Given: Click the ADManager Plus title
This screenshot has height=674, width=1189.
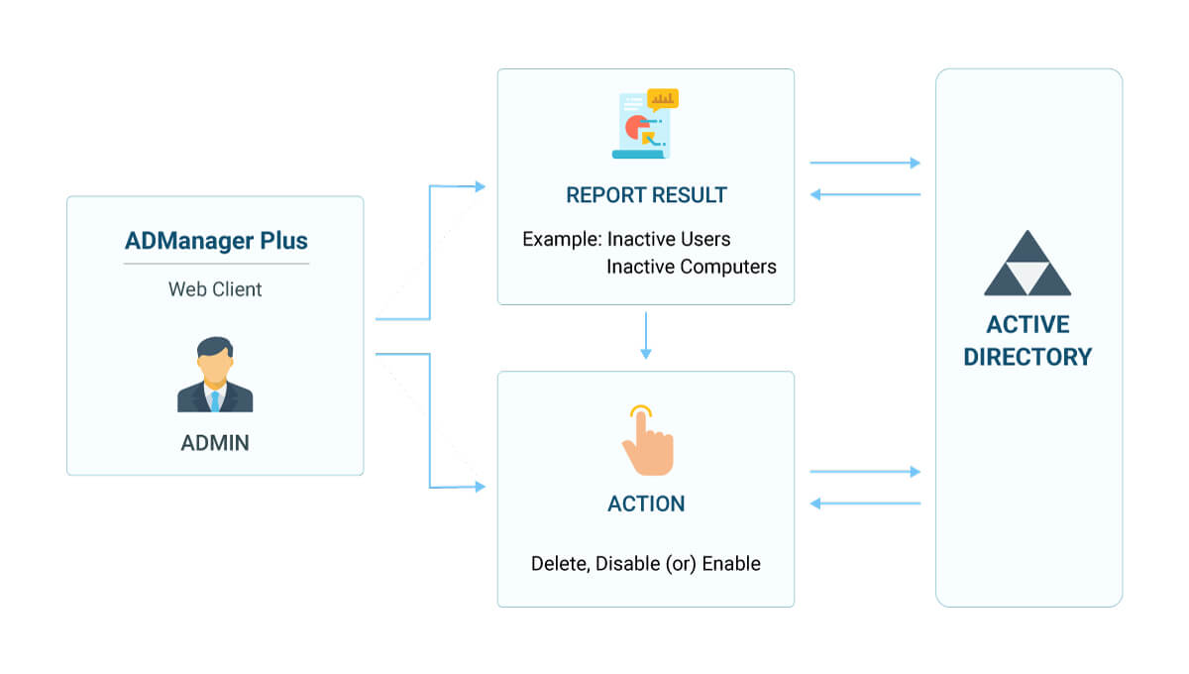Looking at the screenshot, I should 216,241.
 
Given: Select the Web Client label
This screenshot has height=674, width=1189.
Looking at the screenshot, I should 215,289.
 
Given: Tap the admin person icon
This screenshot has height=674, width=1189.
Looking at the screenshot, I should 215,375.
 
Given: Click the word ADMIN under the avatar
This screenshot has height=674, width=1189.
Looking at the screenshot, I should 215,443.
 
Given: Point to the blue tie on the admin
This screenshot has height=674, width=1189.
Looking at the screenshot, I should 215,399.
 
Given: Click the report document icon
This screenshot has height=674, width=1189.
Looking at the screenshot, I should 642,125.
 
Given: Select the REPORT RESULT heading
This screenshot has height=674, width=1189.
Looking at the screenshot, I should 646,195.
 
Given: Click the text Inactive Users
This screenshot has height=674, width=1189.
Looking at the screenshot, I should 669,240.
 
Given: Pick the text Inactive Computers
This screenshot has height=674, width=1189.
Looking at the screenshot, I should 691,267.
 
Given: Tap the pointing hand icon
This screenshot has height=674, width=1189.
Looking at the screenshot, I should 646,440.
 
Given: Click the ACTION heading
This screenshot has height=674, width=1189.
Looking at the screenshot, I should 646,504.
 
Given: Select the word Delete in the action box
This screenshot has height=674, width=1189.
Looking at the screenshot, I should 559,564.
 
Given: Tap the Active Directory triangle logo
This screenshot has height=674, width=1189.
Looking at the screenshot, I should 1027,264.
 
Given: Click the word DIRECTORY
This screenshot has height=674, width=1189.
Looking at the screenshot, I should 1027,357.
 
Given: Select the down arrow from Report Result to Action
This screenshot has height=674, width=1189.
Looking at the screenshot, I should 646,337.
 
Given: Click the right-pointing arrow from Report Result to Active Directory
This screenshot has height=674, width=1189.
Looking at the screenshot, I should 865,163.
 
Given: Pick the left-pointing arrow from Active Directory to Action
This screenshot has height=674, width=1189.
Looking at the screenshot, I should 865,504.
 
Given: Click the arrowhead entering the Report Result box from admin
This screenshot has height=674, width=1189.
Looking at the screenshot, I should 481,186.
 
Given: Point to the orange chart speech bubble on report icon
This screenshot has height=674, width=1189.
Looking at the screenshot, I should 662,99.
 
